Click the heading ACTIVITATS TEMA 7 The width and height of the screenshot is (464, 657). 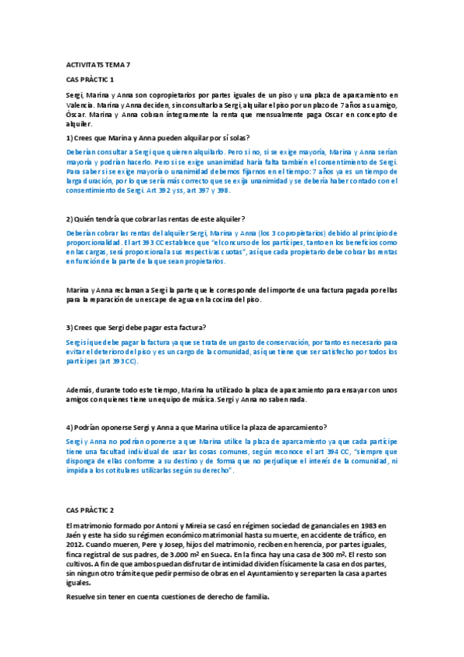pyautogui.click(x=99, y=65)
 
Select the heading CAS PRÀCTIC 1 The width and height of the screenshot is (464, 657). pyautogui.click(x=90, y=80)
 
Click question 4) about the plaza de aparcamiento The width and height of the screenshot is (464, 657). pyautogui.click(x=197, y=427)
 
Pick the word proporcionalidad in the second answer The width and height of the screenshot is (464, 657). pyautogui.click(x=98, y=242)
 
